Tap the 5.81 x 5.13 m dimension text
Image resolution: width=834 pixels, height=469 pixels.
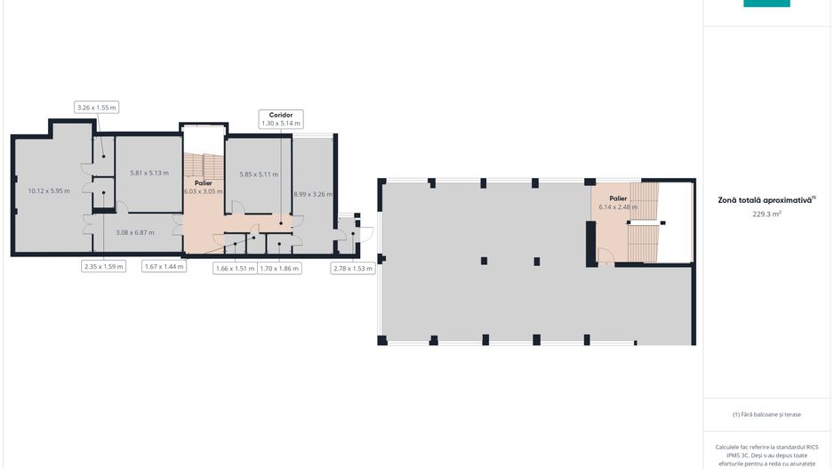pos(148,173)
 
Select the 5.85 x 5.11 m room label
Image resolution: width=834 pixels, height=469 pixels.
pos(259,174)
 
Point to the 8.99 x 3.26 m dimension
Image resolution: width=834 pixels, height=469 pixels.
pos(312,193)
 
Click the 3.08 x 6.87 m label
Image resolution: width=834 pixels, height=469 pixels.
pos(135,232)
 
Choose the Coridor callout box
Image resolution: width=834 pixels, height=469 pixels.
pos(281,119)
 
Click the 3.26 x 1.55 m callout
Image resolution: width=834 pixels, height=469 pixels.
pos(97,108)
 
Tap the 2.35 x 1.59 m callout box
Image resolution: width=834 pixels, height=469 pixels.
pos(104,266)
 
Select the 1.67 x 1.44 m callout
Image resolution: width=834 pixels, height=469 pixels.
pos(164,266)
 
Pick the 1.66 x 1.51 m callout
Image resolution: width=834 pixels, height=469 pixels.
pos(235,267)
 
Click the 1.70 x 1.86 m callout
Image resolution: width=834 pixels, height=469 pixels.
pos(280,267)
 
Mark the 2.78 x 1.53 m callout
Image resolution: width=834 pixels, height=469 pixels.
pos(352,267)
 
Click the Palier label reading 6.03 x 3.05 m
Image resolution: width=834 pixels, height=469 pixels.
pos(203,187)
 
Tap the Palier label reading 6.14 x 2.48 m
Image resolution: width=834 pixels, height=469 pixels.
pos(618,202)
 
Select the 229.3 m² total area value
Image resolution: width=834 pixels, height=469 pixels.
pos(766,214)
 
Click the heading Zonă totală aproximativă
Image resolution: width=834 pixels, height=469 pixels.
pos(766,200)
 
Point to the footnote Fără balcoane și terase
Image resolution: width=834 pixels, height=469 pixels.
pos(766,414)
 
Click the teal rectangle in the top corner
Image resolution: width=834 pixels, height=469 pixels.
pos(766,4)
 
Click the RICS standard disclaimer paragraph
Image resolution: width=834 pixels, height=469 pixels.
pos(766,455)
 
